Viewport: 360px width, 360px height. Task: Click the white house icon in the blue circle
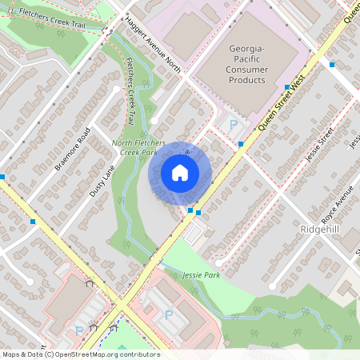point(180,172)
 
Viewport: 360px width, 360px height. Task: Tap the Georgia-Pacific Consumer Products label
point(246,64)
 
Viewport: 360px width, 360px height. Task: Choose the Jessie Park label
point(201,274)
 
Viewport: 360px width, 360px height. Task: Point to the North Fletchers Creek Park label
point(138,146)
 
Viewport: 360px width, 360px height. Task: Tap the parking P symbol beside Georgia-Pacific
point(234,125)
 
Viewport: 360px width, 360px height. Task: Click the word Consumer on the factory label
point(246,70)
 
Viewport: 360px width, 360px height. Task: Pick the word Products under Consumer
point(246,80)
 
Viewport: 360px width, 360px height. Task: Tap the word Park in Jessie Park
point(211,274)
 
